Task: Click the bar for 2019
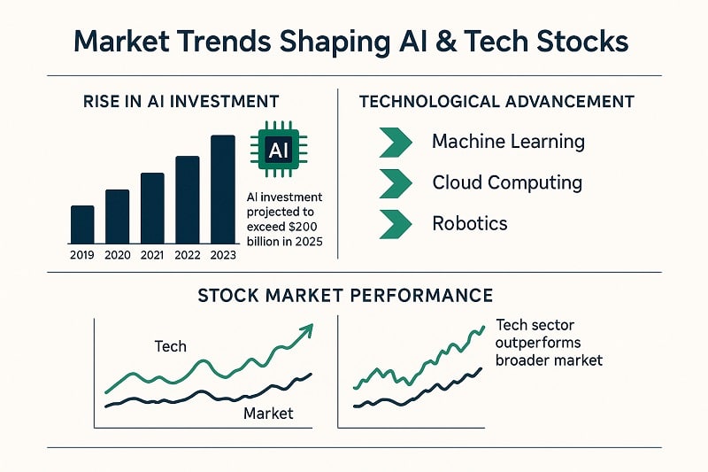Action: pos(82,225)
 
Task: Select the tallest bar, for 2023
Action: pos(223,190)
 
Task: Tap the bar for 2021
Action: pos(152,208)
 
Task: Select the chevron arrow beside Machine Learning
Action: pos(395,142)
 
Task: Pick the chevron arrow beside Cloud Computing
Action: pos(395,183)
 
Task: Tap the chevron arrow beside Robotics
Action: pos(395,223)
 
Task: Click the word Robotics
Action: pos(469,223)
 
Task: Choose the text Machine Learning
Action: pos(508,142)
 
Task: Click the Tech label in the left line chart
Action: pos(170,346)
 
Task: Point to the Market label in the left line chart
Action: pos(267,414)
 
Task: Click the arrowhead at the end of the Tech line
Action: pos(306,331)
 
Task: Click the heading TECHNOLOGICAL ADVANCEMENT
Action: pos(496,102)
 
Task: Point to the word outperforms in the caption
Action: pos(539,343)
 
